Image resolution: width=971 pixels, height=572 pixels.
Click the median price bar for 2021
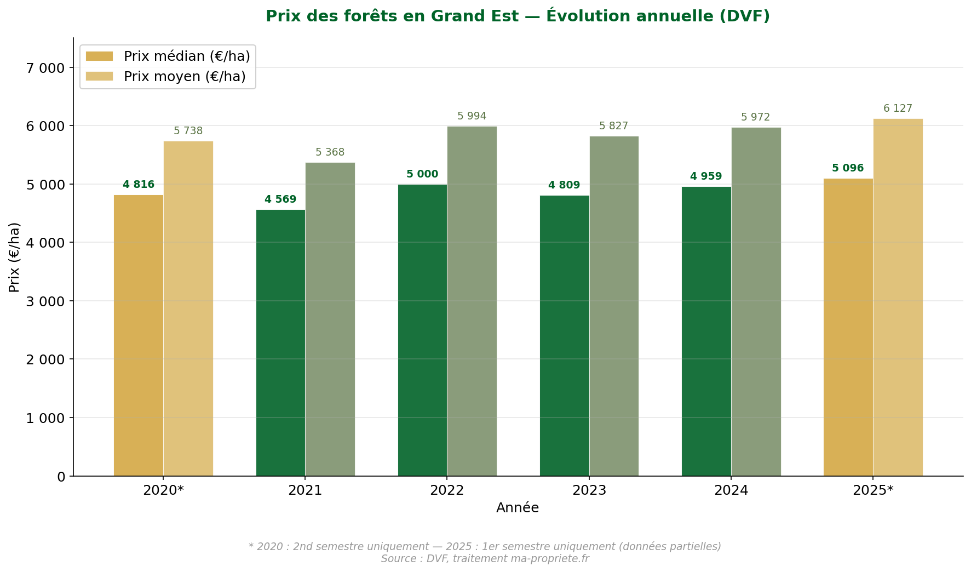coord(280,342)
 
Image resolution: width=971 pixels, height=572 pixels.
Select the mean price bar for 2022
coord(472,301)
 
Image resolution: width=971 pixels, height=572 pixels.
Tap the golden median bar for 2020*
coord(139,335)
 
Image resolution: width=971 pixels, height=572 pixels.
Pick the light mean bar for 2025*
coord(898,298)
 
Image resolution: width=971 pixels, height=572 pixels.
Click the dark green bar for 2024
coord(706,331)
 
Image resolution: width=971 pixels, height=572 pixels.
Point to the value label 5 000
coord(422,174)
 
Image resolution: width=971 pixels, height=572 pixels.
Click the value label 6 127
coord(898,108)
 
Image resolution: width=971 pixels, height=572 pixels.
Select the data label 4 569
coord(280,199)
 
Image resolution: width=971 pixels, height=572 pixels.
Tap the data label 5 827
coord(613,126)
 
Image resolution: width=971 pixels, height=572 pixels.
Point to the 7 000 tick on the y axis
coord(45,68)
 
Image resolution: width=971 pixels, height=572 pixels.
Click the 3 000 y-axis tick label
coord(45,301)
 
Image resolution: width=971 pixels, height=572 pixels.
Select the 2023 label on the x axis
coord(589,490)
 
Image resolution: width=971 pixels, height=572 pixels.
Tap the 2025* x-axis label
coord(872,490)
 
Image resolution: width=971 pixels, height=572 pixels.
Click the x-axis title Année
coord(518,508)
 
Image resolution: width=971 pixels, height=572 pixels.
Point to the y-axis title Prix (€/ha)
coord(14,257)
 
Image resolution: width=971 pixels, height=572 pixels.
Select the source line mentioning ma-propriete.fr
coord(485,559)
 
